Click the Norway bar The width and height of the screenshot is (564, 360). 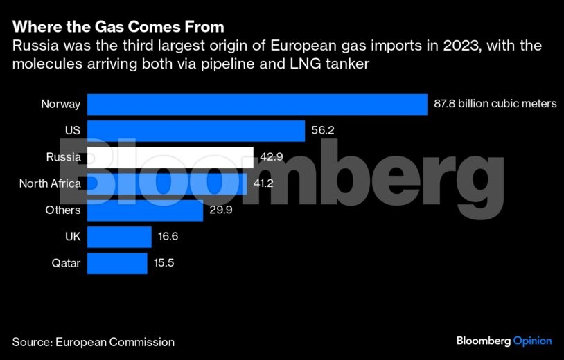[256, 105]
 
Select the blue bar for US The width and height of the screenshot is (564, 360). [196, 131]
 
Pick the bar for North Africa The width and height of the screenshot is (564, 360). [167, 183]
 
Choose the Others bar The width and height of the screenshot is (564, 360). [145, 210]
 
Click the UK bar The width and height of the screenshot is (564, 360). [119, 237]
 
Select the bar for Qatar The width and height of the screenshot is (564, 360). [117, 263]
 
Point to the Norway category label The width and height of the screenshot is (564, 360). [61, 105]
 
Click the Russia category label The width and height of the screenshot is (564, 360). [64, 157]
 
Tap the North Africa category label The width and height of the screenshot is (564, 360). [50, 183]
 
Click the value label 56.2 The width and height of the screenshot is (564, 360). [323, 131]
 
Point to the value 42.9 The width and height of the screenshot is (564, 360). [272, 157]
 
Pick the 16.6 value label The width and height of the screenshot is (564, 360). [169, 237]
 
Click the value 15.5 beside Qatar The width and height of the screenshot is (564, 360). [165, 263]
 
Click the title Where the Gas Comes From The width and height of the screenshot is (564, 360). [118, 28]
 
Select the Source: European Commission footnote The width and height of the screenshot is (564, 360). [93, 342]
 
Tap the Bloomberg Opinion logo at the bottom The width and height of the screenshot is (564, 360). [504, 341]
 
